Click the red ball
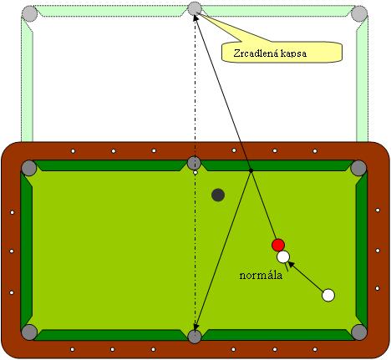coord(278,245)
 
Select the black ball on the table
coord(218,195)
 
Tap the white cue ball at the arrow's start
coord(328,295)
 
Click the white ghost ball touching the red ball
coord(283,256)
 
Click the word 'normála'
coord(261,276)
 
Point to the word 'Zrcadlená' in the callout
coord(256,53)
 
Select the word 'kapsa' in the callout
coord(293,53)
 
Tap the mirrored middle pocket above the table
coord(194,8)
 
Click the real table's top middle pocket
coord(194,163)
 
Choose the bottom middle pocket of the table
coord(195,337)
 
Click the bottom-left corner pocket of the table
coord(29,332)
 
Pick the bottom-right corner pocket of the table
coord(359,332)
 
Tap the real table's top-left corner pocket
coord(29,168)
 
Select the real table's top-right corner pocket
coord(358,168)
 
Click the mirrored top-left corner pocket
coord(29,13)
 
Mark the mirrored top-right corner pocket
coord(359,13)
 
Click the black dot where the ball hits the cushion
coord(251,170)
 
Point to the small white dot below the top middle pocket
coord(195,173)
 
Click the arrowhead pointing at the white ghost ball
coord(290,263)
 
